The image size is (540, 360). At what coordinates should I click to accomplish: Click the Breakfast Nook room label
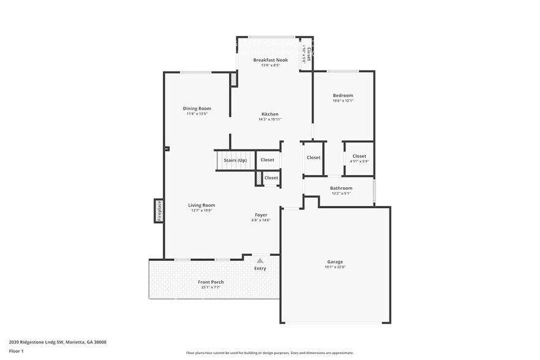coord(271,60)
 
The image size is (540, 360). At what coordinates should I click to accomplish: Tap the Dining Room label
coord(197,108)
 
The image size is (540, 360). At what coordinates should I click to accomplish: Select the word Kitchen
coord(270,114)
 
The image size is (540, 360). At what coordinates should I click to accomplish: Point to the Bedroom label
coord(343,96)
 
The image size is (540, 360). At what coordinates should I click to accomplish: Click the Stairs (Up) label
coord(235,160)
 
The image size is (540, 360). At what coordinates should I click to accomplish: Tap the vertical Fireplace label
coord(159,211)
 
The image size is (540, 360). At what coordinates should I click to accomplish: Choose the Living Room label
coord(201,205)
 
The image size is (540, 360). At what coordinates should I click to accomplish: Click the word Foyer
coord(261,215)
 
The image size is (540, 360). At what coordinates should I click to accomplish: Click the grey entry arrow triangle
coord(260,261)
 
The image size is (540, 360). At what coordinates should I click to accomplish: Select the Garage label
coord(334,262)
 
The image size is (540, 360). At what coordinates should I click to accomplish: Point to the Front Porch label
coord(211,282)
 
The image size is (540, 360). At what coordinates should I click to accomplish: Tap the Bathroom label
coord(341,188)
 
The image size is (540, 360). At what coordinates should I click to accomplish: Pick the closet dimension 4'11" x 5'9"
coord(359,162)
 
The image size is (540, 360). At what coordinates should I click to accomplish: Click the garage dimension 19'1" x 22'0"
coord(334,268)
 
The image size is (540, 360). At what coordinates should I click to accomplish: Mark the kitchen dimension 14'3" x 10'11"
coord(270,119)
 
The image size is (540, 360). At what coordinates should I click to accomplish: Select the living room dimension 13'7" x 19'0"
coord(201,211)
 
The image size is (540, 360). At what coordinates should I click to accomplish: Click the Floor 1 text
coord(16,351)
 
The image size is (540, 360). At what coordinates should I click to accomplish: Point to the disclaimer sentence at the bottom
coord(269,353)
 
